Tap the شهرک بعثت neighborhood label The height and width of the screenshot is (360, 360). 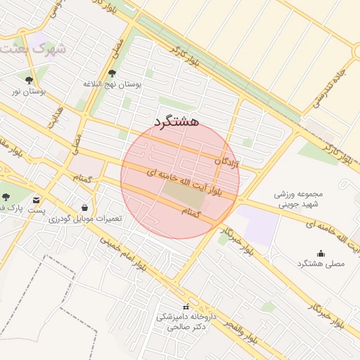click(x=33, y=50)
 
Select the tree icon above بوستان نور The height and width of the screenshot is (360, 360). click(x=29, y=80)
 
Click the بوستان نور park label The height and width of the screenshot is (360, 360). click(x=29, y=91)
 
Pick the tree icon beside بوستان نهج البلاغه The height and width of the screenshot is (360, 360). click(x=112, y=73)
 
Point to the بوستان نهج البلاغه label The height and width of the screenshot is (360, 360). click(x=112, y=84)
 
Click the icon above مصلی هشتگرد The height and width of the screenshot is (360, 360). click(x=321, y=253)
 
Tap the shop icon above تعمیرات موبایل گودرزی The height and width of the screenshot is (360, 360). click(x=85, y=207)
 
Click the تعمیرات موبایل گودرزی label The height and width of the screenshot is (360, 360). click(x=85, y=219)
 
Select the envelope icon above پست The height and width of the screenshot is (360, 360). click(x=36, y=200)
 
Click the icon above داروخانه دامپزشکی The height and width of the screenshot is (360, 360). click(x=186, y=307)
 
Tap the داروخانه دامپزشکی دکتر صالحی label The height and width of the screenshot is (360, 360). click(x=183, y=322)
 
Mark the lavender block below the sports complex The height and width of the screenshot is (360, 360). click(x=256, y=225)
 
